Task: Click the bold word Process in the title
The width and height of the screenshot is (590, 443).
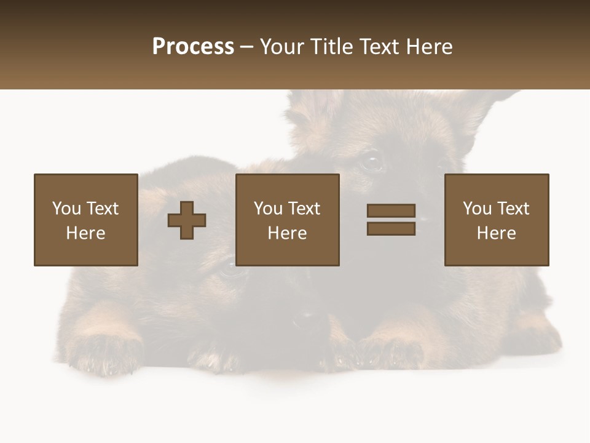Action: tap(193, 47)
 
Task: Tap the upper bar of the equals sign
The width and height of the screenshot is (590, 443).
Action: tap(391, 211)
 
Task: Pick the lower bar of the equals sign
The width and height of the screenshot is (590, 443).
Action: tap(391, 228)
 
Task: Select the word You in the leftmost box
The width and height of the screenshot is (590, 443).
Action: tap(66, 209)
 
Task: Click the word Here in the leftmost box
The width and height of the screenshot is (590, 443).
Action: tap(85, 233)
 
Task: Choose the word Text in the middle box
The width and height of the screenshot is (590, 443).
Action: tap(304, 209)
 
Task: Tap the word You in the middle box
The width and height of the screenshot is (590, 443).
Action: tap(268, 209)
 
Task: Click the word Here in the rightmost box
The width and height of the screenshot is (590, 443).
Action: tap(496, 233)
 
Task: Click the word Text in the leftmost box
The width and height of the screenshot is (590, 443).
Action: tap(102, 209)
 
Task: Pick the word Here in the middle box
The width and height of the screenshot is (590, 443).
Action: tap(287, 233)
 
